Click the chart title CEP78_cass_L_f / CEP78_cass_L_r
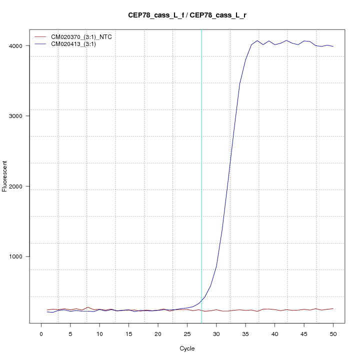pyautogui.click(x=186, y=15)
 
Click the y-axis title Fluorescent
pyautogui.click(x=5, y=176)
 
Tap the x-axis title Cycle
pyautogui.click(x=186, y=348)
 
